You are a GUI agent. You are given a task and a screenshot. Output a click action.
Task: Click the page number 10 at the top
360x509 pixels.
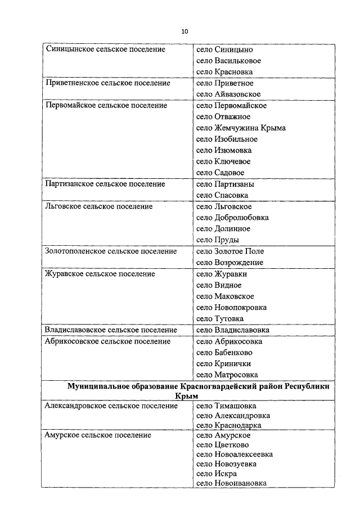tap(184, 31)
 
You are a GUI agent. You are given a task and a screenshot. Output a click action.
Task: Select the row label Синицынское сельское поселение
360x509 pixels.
tap(105, 49)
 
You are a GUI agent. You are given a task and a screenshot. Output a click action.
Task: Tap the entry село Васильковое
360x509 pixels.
tap(229, 61)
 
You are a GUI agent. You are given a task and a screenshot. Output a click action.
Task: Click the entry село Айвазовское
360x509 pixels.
tap(228, 94)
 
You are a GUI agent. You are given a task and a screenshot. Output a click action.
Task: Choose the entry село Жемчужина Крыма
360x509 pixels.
tap(241, 128)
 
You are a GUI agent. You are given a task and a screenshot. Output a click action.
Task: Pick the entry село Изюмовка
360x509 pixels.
tap(224, 151)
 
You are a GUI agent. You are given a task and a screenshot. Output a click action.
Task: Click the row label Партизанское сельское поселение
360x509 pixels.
tap(105, 184)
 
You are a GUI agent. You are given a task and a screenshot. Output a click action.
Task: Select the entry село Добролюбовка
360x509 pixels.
tap(232, 218)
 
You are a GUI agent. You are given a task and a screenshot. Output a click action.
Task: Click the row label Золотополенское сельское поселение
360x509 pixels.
tap(111, 251)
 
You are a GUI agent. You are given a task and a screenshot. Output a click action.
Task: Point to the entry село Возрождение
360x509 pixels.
tap(229, 263)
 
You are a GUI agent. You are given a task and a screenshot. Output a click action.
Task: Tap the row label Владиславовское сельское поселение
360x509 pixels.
tap(111, 330)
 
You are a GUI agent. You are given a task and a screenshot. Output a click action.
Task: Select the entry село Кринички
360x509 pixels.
tap(223, 364)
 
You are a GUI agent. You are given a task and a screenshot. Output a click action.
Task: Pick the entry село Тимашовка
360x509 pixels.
tap(226, 406)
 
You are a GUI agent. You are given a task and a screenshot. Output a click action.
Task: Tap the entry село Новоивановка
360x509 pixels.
tap(231, 483)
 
